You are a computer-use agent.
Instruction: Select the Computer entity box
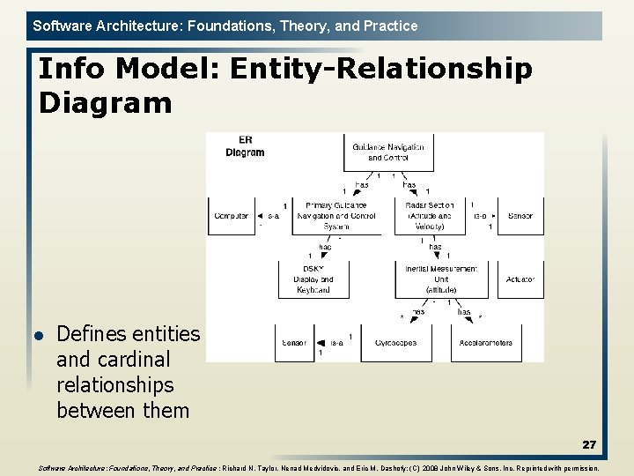(x=231, y=216)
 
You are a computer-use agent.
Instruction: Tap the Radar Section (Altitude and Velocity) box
(x=429, y=216)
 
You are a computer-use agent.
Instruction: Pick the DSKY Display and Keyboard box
(x=313, y=279)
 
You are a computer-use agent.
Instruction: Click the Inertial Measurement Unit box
(x=441, y=279)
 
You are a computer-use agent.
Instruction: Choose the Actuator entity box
(x=520, y=279)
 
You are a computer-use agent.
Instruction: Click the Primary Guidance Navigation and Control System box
(x=335, y=216)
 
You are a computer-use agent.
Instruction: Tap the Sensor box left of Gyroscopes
(x=293, y=343)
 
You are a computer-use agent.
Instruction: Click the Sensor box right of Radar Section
(x=520, y=216)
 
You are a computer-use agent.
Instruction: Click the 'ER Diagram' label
(x=245, y=146)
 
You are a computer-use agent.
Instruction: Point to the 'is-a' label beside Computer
(x=273, y=216)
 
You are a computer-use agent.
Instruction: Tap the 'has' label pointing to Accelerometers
(x=463, y=312)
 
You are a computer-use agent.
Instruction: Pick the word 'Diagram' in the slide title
(x=105, y=103)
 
